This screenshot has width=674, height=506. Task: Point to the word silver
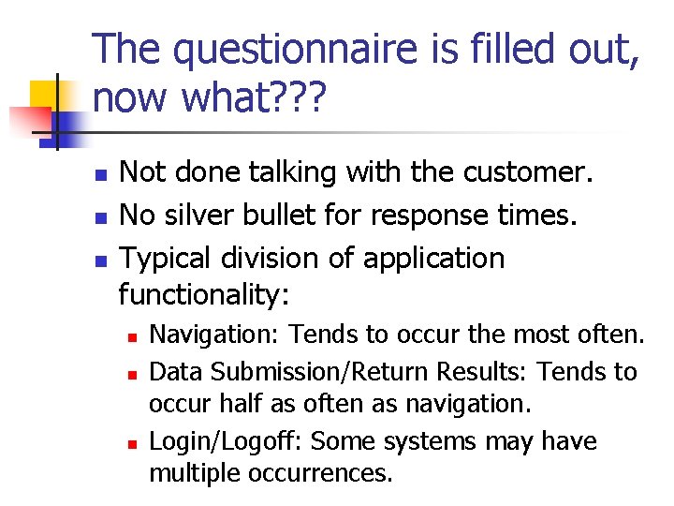[x=211, y=216]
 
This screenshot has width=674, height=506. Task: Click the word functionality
[x=204, y=296]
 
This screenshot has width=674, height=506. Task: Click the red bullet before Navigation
[x=134, y=335]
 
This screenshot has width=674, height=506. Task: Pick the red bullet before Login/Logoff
[x=134, y=442]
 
